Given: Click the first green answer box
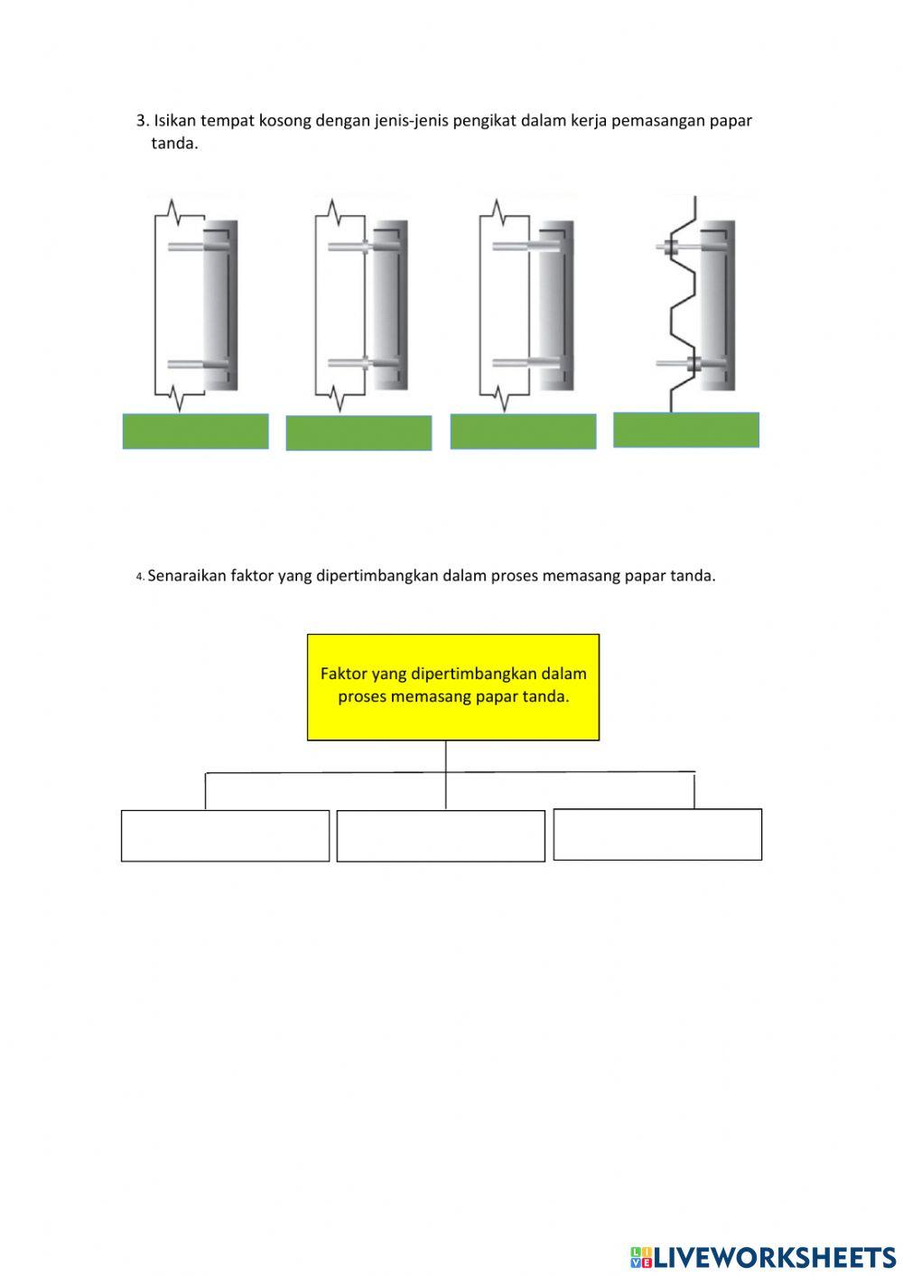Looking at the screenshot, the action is [195, 432].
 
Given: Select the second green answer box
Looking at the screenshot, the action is [358, 433].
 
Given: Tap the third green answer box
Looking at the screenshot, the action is [523, 432].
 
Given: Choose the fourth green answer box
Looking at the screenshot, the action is [686, 430].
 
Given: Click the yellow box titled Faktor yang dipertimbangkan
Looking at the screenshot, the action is [453, 687].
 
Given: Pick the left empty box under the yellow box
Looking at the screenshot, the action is [225, 835].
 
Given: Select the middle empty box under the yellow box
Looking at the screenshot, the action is [441, 835].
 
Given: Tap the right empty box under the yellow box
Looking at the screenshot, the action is [657, 834].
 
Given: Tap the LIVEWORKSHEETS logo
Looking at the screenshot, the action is [763, 1257].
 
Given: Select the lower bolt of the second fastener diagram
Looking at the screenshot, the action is [363, 362].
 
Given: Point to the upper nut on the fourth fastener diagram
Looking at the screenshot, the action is [671, 247].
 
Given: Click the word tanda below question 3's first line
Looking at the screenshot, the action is [174, 144].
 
